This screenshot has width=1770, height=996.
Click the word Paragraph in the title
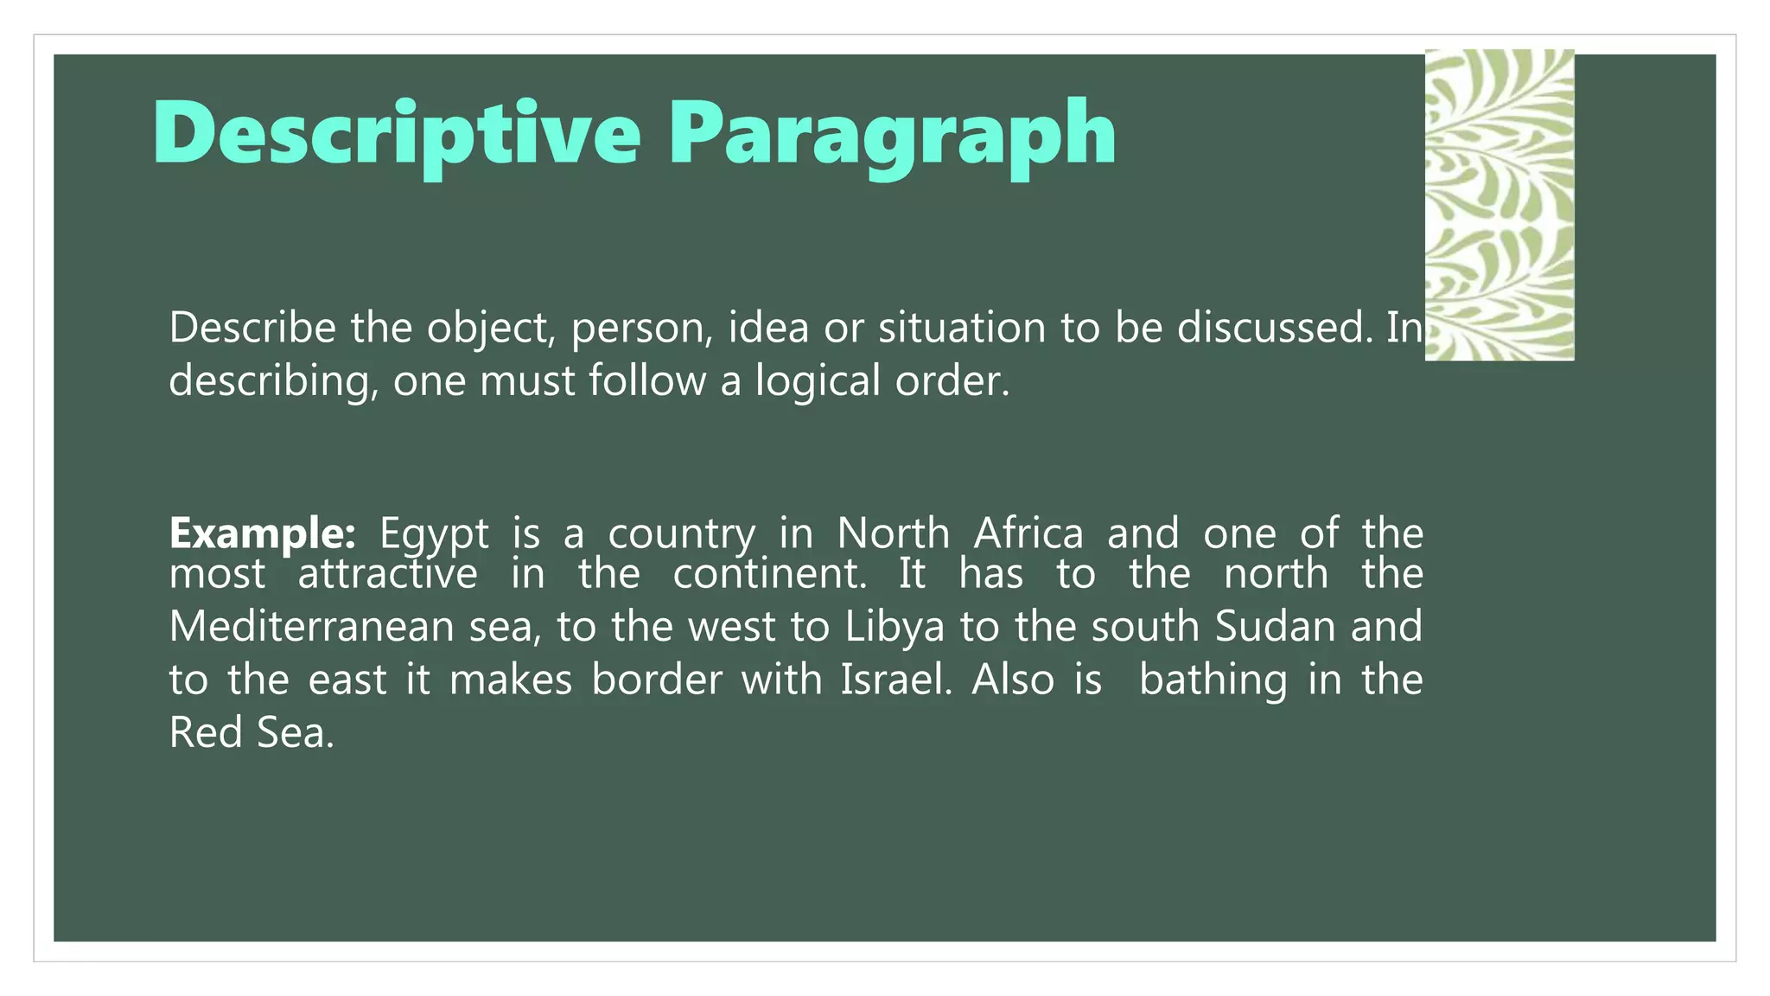892,134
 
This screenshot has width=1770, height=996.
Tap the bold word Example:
262,533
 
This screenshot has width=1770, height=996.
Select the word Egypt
434,533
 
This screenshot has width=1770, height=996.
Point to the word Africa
1028,533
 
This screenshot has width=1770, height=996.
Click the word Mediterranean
311,627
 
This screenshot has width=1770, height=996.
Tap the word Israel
895,680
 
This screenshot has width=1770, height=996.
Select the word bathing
1213,680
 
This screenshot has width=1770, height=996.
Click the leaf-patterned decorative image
1499,205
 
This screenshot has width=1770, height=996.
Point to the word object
490,329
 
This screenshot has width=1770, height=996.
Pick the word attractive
387,574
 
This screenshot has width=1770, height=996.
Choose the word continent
769,574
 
